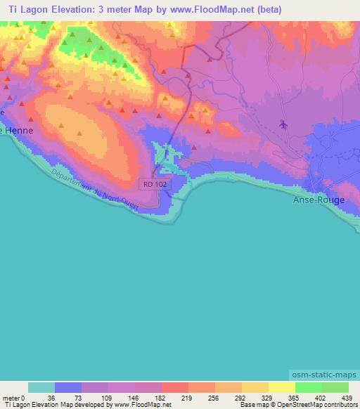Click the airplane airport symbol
pos(283,125)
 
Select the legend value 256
pos(214,397)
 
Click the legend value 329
pos(267,397)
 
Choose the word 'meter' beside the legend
pos(11,397)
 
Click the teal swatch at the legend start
pos(41,387)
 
